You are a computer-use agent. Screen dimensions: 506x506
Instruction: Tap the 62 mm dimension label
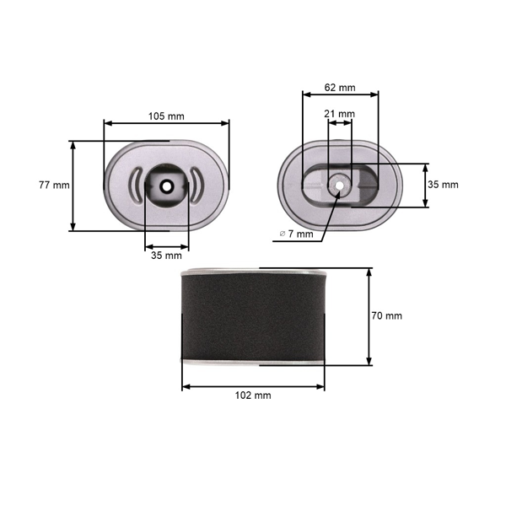(x=340, y=87)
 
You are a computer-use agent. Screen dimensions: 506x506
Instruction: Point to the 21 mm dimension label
(x=340, y=113)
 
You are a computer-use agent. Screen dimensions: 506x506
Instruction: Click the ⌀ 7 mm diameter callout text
(x=295, y=234)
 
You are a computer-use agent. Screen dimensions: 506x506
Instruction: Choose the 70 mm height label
(x=386, y=315)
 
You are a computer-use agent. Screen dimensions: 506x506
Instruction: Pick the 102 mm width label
(x=253, y=395)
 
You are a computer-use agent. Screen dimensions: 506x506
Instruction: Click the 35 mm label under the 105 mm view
(x=166, y=255)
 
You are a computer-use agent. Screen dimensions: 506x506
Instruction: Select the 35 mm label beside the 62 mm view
(x=443, y=184)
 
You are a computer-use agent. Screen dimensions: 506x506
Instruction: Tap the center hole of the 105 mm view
(x=166, y=186)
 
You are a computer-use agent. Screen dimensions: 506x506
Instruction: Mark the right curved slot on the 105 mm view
(x=196, y=185)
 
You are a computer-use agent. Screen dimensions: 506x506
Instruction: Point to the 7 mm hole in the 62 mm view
(x=340, y=185)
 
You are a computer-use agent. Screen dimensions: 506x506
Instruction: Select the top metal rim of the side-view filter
(x=253, y=272)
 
